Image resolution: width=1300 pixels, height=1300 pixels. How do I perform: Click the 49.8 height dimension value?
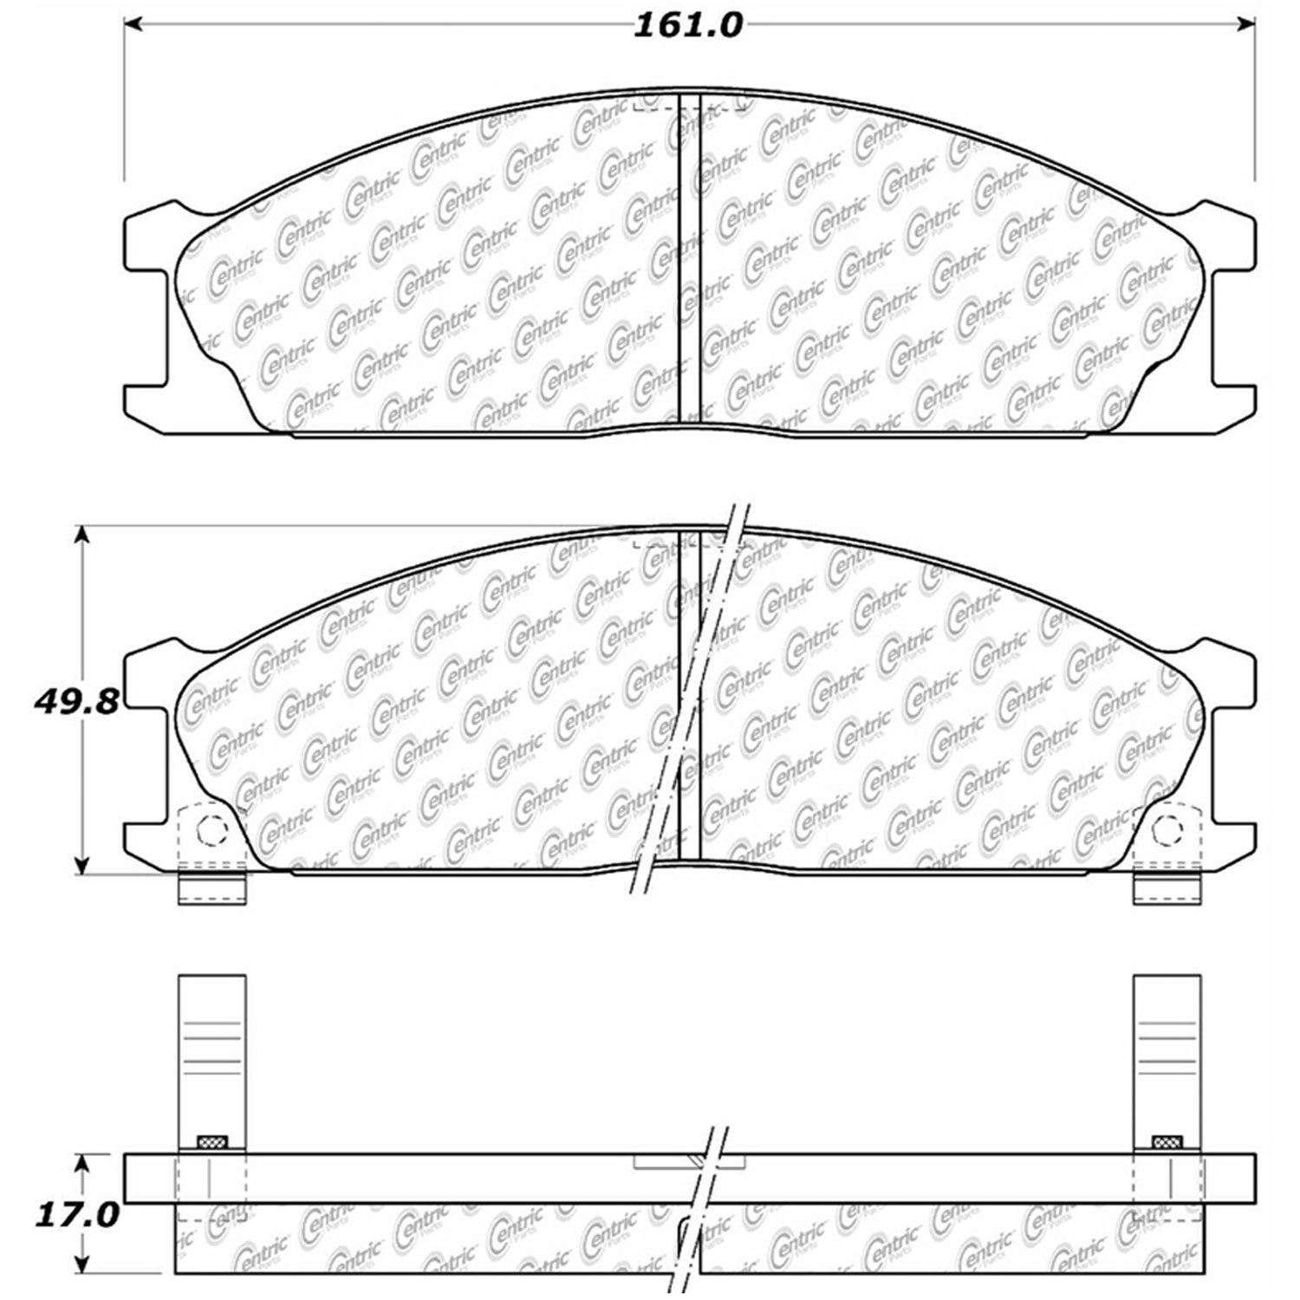click(76, 702)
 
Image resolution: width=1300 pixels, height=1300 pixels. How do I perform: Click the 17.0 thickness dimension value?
click(76, 1215)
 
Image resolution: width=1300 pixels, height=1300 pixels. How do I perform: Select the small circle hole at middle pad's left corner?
click(210, 830)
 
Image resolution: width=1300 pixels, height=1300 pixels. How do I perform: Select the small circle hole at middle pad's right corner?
click(1168, 830)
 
